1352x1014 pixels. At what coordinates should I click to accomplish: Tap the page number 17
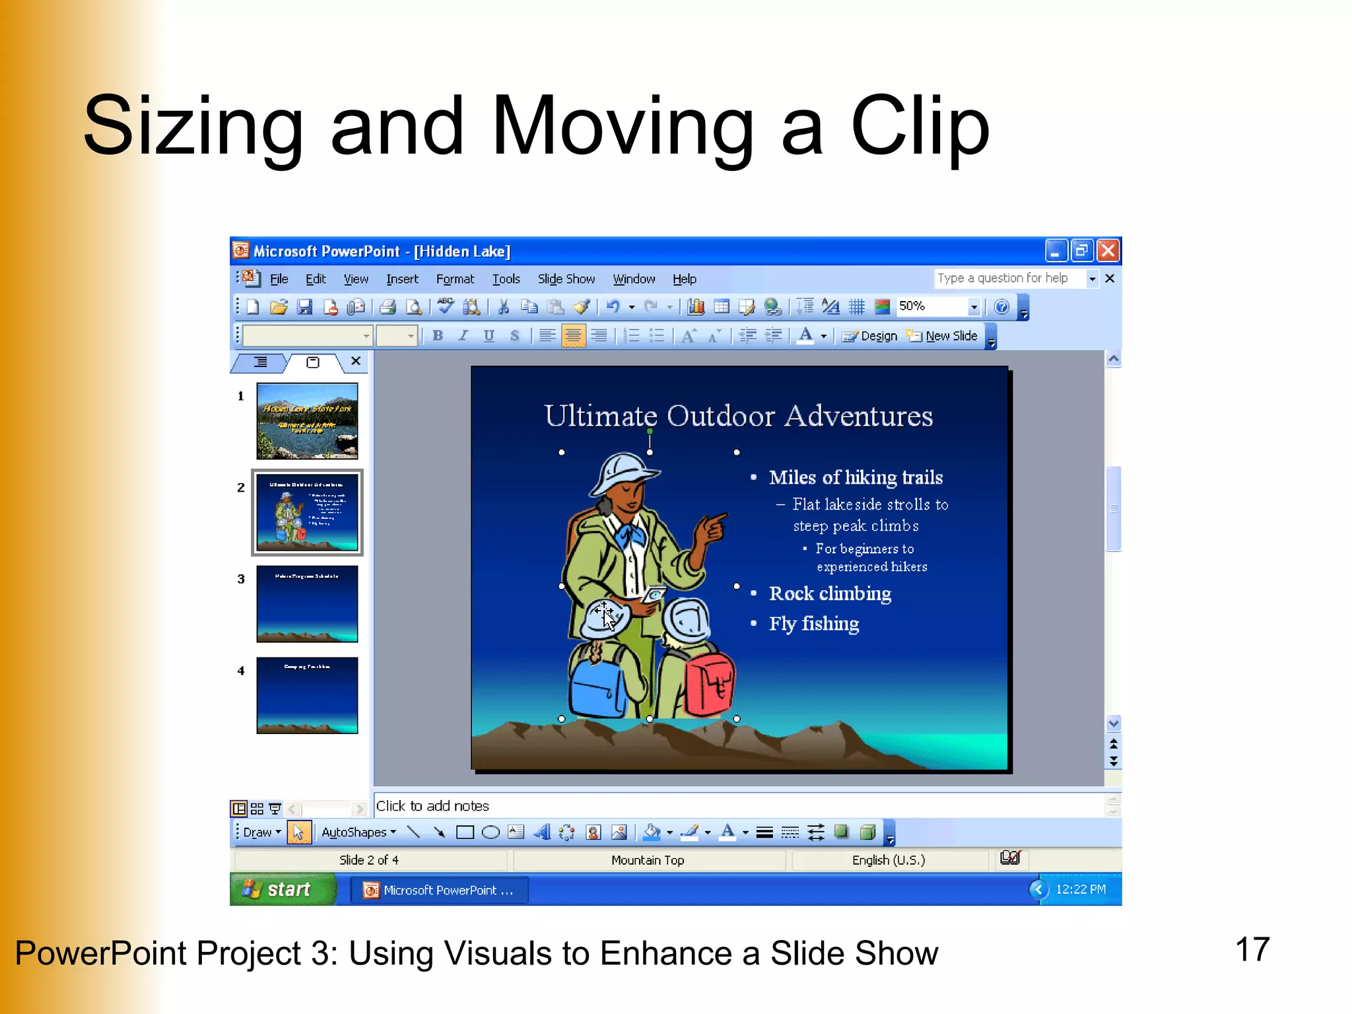[1252, 950]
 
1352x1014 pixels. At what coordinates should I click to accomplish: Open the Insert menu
[402, 279]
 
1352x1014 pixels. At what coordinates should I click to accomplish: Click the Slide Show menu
[566, 279]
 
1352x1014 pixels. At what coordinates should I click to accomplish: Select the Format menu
[455, 279]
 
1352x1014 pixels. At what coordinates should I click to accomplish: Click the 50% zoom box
[931, 306]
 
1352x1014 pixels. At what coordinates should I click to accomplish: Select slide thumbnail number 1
[307, 421]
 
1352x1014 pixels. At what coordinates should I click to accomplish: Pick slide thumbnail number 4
[307, 695]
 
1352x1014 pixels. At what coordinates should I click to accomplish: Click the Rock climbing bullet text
[830, 593]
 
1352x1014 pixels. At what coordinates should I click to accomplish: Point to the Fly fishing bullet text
[814, 624]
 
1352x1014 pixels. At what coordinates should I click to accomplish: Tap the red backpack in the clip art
[709, 684]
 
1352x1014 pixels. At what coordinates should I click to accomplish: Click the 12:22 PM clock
[1081, 890]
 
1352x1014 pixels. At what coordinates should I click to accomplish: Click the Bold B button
[438, 336]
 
